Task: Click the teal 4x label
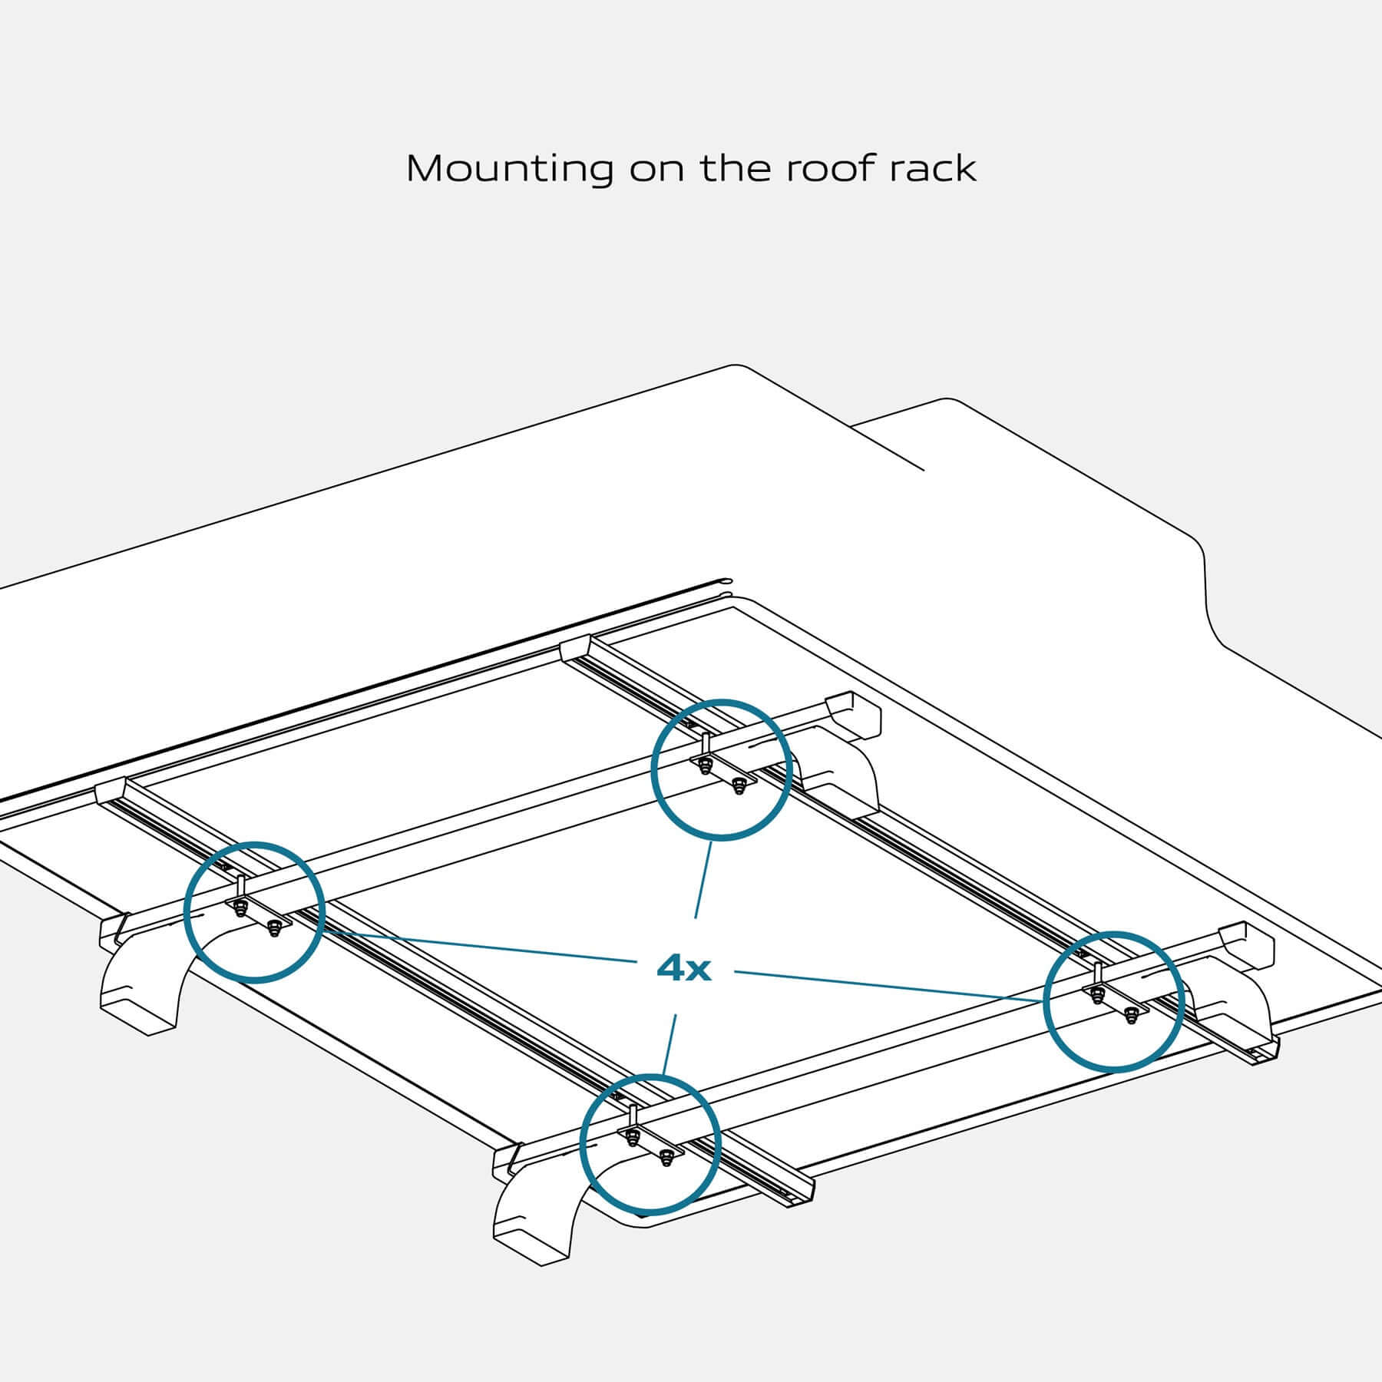click(684, 970)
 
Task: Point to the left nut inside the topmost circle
click(706, 766)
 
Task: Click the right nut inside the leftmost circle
click(273, 931)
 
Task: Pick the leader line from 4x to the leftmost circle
click(476, 946)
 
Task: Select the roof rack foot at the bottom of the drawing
click(537, 1221)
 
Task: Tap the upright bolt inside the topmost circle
click(705, 746)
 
